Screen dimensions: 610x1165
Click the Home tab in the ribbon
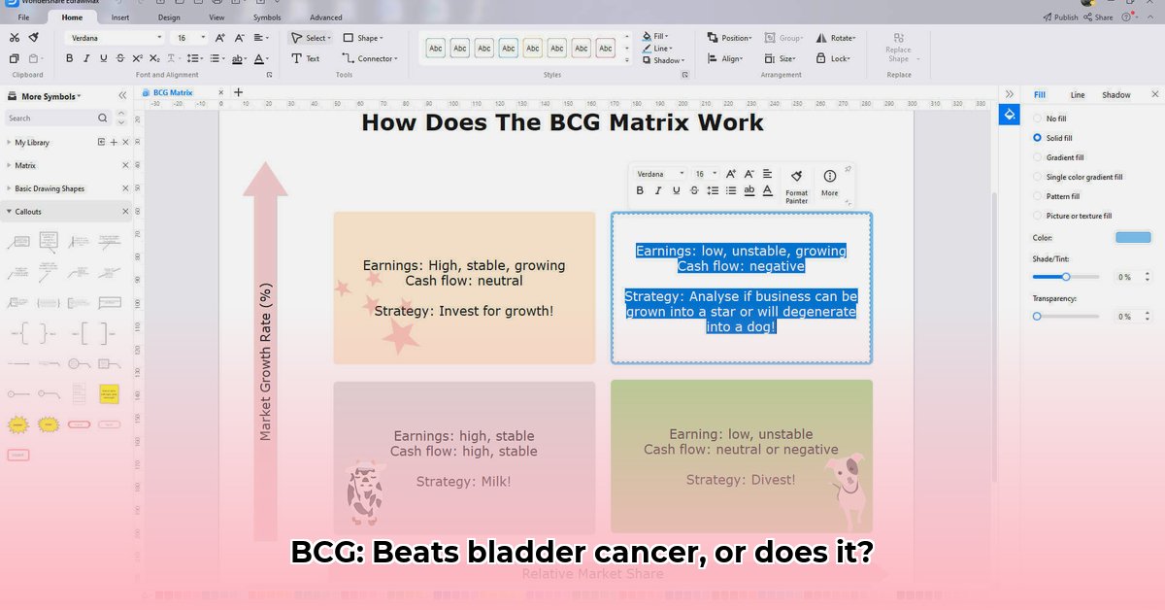(x=72, y=17)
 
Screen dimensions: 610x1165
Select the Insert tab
(x=120, y=17)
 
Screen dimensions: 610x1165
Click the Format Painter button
(x=796, y=184)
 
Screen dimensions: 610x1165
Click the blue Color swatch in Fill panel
(x=1132, y=237)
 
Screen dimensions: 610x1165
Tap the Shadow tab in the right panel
(x=1115, y=94)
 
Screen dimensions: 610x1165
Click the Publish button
(x=1060, y=17)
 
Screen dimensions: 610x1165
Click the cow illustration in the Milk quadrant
(x=365, y=491)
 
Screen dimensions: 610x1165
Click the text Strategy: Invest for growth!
(x=464, y=311)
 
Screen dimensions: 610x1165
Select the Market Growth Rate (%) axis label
(x=265, y=361)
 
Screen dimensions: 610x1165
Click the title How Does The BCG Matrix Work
(x=562, y=122)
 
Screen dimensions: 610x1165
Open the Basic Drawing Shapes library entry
(x=50, y=188)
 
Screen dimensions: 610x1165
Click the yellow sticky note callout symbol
(x=110, y=393)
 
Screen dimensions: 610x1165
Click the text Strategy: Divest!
(x=741, y=480)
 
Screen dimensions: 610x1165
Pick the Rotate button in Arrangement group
(x=836, y=38)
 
